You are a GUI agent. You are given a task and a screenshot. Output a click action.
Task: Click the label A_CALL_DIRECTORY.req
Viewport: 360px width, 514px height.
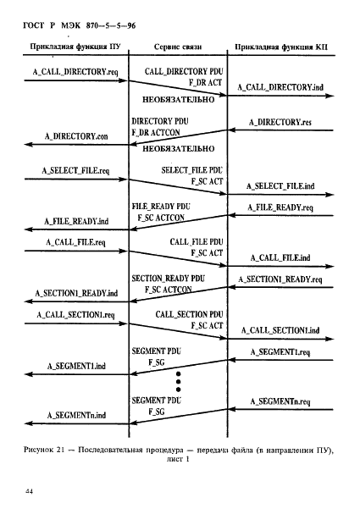75,72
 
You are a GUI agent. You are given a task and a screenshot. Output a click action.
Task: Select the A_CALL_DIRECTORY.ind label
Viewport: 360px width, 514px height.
280,87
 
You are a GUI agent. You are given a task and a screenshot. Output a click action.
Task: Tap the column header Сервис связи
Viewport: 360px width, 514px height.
178,47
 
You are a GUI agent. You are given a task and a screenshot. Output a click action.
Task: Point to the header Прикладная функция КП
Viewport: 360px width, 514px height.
281,47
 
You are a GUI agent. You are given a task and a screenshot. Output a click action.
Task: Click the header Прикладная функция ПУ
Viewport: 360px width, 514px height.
75,47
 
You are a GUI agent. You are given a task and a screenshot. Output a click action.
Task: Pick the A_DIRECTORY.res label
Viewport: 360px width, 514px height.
280,122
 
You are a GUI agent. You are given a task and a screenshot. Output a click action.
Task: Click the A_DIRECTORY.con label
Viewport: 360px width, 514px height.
76,136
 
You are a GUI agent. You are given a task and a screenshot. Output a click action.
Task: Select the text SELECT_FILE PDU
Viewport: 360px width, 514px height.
192,170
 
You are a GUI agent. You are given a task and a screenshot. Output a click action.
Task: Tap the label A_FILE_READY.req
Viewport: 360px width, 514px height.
280,207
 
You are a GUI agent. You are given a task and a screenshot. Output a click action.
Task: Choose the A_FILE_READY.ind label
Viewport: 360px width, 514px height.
76,221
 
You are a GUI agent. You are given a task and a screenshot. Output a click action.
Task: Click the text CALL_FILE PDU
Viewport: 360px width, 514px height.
197,242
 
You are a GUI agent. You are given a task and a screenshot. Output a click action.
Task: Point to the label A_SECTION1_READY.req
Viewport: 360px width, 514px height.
280,279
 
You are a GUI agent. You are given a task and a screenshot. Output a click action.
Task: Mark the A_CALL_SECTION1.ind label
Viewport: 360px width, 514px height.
280,330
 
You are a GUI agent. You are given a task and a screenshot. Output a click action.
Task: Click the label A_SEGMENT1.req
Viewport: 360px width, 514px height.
280,352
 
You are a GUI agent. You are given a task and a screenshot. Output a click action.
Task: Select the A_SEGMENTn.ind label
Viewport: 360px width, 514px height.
76,415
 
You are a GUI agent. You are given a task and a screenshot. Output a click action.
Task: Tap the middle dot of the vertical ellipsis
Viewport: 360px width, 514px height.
179,382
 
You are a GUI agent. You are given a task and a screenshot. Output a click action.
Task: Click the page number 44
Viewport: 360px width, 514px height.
29,491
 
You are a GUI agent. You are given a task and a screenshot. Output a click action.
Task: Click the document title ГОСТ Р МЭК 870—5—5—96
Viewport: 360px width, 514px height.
80,25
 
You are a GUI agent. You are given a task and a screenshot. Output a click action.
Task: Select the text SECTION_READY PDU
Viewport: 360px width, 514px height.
169,279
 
